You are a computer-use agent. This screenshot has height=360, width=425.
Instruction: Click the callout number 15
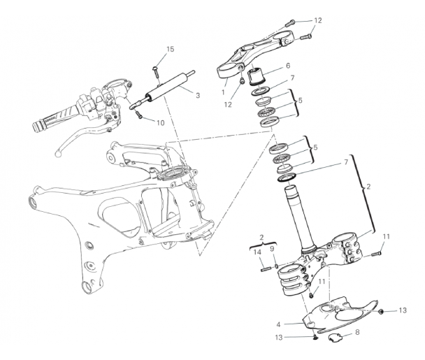point(170,50)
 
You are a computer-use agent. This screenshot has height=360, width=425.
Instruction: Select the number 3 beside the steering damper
point(198,96)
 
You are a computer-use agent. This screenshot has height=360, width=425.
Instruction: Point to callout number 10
point(161,123)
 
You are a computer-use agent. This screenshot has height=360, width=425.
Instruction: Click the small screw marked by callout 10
point(139,114)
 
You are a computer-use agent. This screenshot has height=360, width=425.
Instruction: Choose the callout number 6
point(288,66)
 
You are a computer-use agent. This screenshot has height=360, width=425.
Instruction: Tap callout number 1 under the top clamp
point(223,92)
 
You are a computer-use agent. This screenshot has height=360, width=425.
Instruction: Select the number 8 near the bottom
point(357,332)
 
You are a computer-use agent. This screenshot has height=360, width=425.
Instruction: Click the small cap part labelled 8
point(334,337)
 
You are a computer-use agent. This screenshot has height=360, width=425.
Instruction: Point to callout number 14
point(257,252)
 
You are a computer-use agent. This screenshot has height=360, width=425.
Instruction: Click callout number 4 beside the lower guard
point(278,324)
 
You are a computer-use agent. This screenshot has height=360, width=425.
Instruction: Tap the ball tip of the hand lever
point(57,154)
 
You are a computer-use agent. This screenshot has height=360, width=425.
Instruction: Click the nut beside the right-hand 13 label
point(380,312)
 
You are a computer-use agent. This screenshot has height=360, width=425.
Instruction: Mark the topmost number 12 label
point(318,20)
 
